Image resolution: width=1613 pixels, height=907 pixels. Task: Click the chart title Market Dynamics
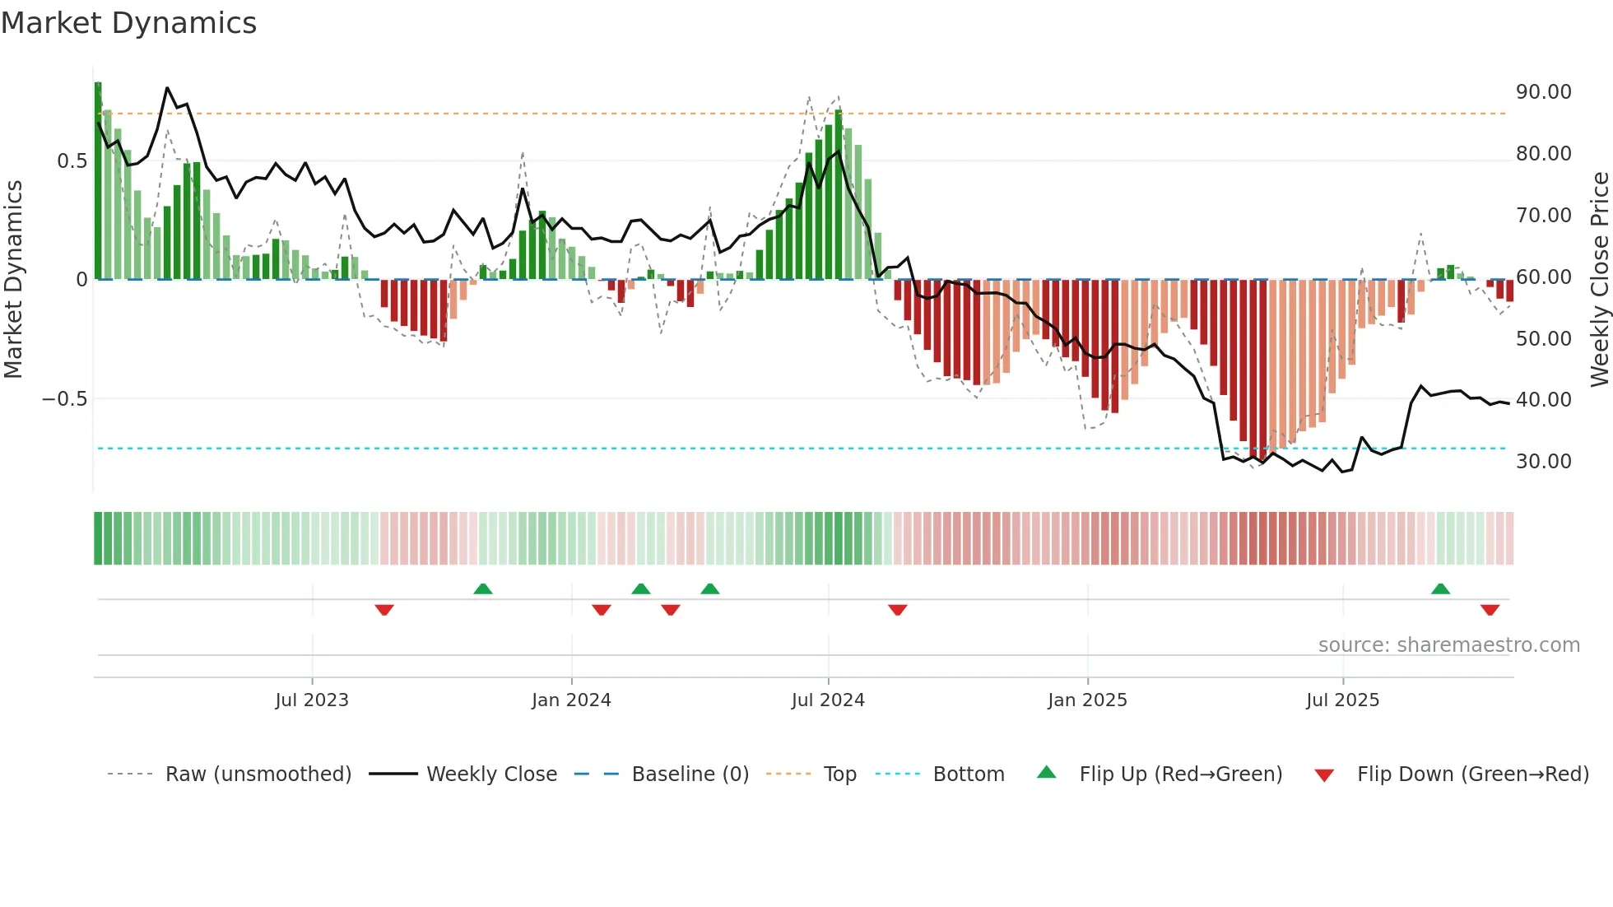pyautogui.click(x=128, y=23)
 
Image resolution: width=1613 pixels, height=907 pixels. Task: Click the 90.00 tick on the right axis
pyautogui.click(x=1543, y=92)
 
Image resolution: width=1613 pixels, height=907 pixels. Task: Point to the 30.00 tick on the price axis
pyautogui.click(x=1543, y=462)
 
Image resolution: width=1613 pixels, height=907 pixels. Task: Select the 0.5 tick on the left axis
pyautogui.click(x=72, y=161)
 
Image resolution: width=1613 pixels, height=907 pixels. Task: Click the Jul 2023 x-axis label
pyautogui.click(x=312, y=700)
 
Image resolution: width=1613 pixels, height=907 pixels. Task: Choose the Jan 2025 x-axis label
pyautogui.click(x=1087, y=700)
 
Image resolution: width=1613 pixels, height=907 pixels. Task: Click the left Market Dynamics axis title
pyautogui.click(x=13, y=280)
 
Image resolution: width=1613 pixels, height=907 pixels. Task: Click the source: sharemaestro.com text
pyautogui.click(x=1448, y=645)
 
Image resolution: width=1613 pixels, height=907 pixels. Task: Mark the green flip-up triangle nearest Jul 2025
pyautogui.click(x=1440, y=588)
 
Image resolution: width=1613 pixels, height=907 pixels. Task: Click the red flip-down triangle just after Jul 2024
pyautogui.click(x=898, y=610)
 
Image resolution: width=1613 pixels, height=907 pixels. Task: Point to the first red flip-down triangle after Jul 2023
pyautogui.click(x=384, y=610)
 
